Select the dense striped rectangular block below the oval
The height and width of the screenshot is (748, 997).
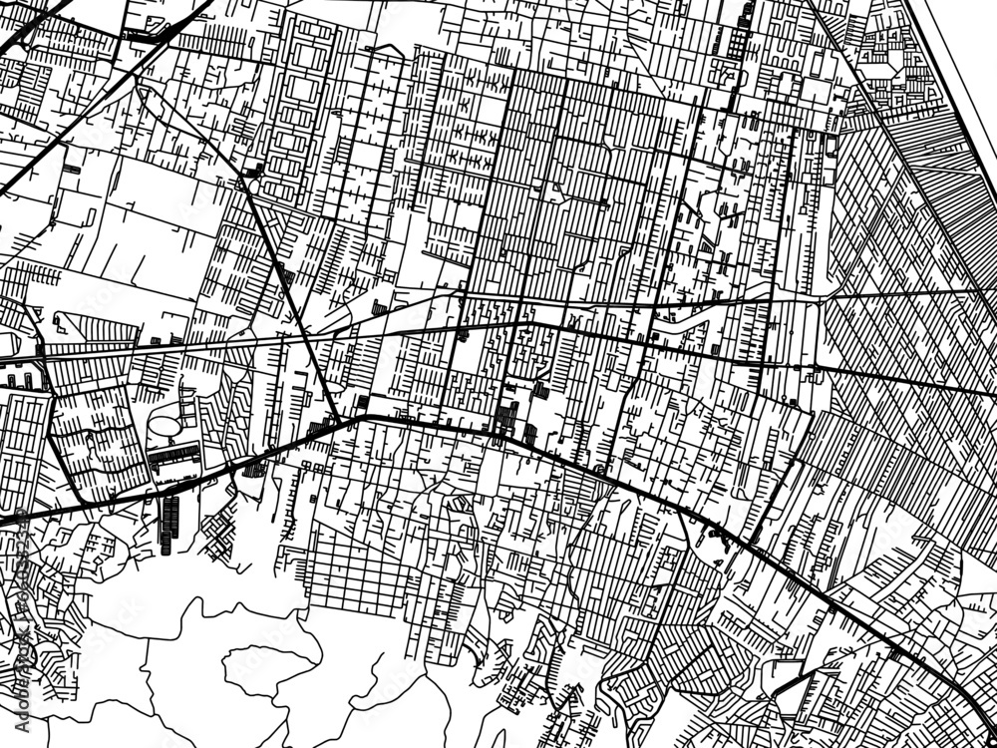174,461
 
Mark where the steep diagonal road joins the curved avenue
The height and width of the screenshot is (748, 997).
344,421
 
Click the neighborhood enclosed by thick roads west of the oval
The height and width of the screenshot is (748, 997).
90,439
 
